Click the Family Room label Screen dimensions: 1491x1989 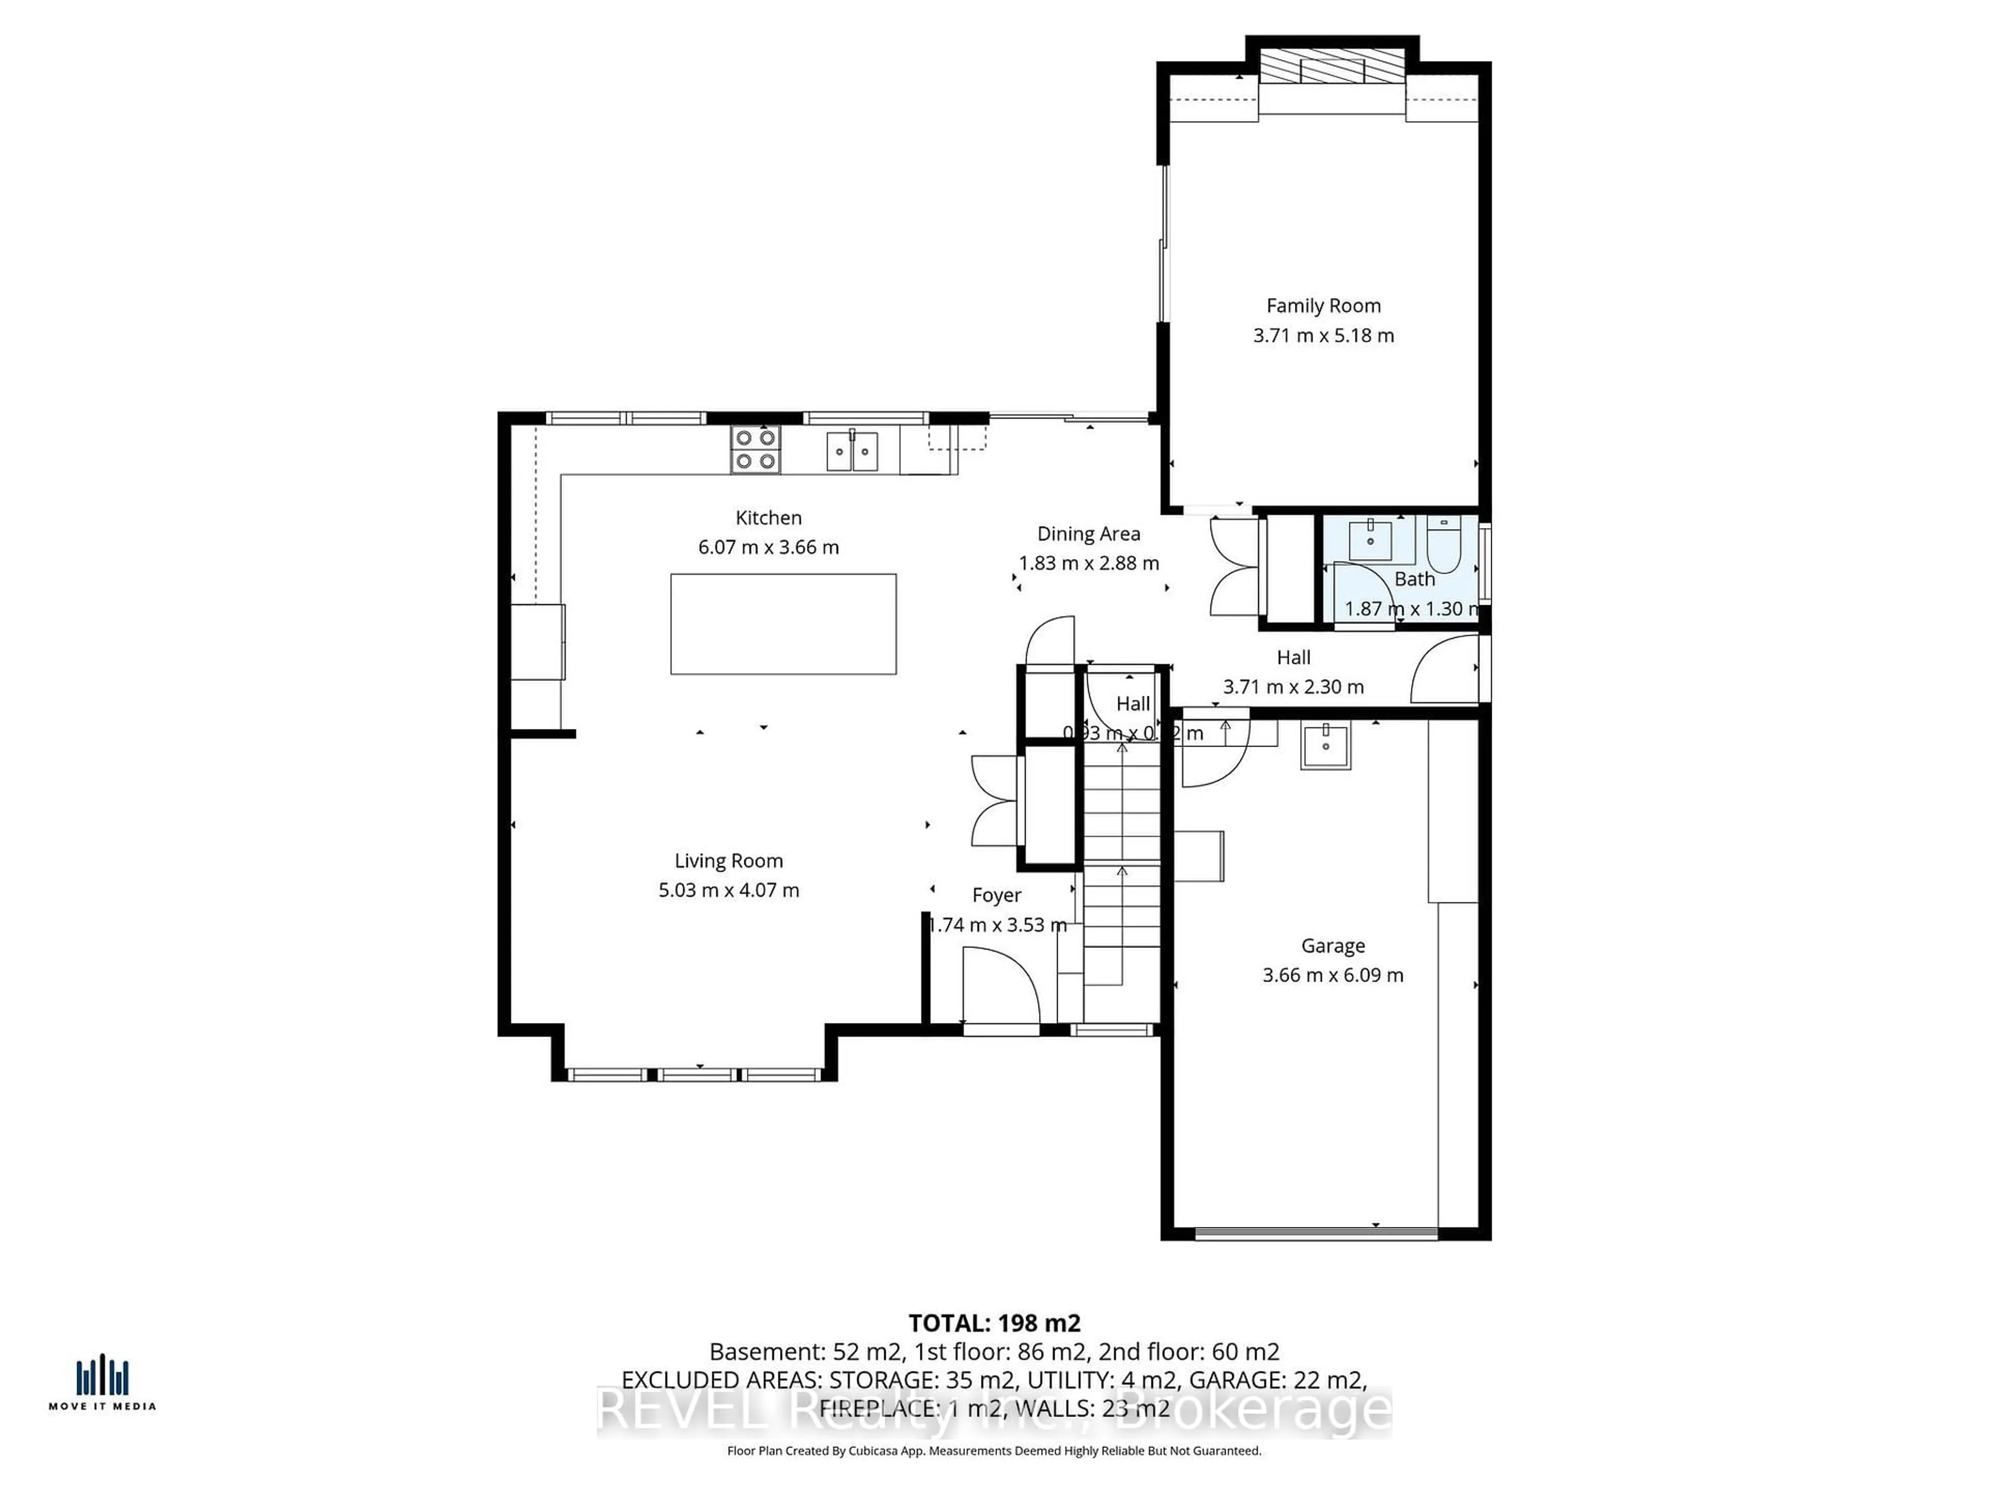[1323, 305]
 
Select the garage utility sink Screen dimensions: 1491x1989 [1325, 746]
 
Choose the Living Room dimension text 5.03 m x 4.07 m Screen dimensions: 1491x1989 [728, 890]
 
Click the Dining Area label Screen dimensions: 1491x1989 [1088, 534]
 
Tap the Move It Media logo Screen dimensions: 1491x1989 [102, 1384]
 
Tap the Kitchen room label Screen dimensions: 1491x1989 [768, 518]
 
